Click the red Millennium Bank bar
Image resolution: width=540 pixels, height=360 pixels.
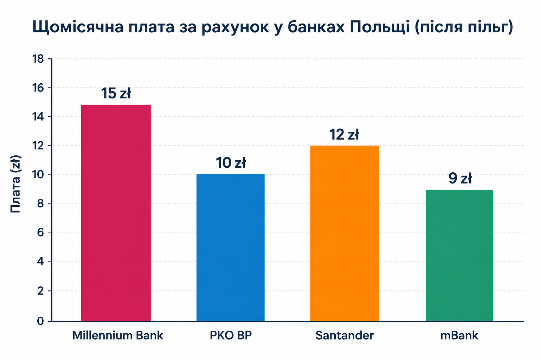click(116, 213)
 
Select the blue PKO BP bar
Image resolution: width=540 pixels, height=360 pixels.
click(231, 247)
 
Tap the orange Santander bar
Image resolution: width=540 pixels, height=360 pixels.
click(345, 233)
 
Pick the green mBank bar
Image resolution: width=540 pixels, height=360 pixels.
click(459, 256)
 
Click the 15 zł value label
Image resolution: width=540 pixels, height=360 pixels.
click(116, 93)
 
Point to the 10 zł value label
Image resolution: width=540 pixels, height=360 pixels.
click(231, 163)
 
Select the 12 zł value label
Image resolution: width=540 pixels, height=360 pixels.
click(344, 134)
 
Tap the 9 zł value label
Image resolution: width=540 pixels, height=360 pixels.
click(460, 179)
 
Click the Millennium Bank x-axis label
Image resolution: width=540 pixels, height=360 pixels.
click(118, 335)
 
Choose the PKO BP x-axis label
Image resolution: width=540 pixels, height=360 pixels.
click(231, 335)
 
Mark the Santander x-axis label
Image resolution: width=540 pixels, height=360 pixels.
click(345, 335)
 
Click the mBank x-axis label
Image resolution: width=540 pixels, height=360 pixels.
click(459, 335)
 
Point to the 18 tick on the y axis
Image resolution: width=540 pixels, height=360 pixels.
click(38, 59)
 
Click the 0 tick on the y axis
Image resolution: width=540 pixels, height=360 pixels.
click(40, 321)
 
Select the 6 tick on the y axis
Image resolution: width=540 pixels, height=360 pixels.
click(40, 232)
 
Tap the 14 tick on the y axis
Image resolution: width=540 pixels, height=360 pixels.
click(38, 117)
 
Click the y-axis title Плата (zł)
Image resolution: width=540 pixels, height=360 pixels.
click(16, 184)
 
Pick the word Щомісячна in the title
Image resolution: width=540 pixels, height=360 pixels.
click(78, 27)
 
